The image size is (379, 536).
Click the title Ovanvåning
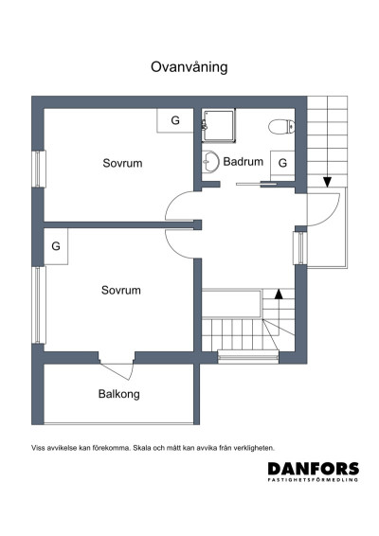pyautogui.click(x=189, y=67)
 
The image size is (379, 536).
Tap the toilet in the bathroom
pyautogui.click(x=281, y=127)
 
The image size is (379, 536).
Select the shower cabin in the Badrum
pyautogui.click(x=219, y=125)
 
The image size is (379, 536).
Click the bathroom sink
pyautogui.click(x=210, y=161)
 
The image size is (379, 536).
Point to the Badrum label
pyautogui.click(x=244, y=161)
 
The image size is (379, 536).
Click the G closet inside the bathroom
pyautogui.click(x=282, y=164)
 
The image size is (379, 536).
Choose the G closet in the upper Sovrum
pyautogui.click(x=175, y=120)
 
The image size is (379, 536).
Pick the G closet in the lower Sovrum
pyautogui.click(x=56, y=246)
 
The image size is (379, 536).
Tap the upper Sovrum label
pyautogui.click(x=122, y=163)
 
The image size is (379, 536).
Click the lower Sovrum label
pyautogui.click(x=121, y=290)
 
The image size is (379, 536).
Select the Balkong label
pyautogui.click(x=119, y=394)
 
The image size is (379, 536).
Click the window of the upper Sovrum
pyautogui.click(x=39, y=170)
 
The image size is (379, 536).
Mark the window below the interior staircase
pyautogui.click(x=248, y=357)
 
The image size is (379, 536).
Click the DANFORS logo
pyautogui.click(x=314, y=472)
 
